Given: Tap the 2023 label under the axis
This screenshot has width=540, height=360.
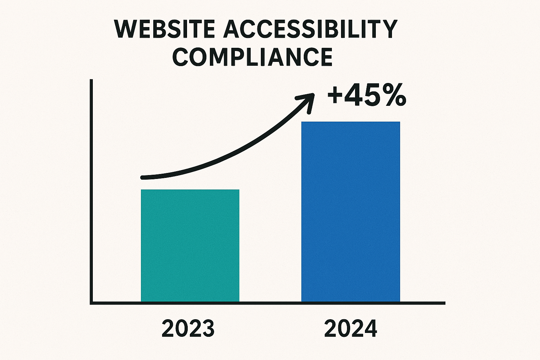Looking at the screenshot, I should pos(188,329).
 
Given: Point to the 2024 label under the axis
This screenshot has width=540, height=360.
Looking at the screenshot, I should pos(351,329).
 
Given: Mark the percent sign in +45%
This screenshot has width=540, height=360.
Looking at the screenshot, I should pos(394,96).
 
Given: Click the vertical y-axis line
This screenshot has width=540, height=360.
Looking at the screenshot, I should pos(91,190).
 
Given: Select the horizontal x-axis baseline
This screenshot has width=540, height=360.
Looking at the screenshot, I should pos(267,303).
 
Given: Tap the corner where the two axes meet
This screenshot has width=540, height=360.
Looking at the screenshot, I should pos(91,303).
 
